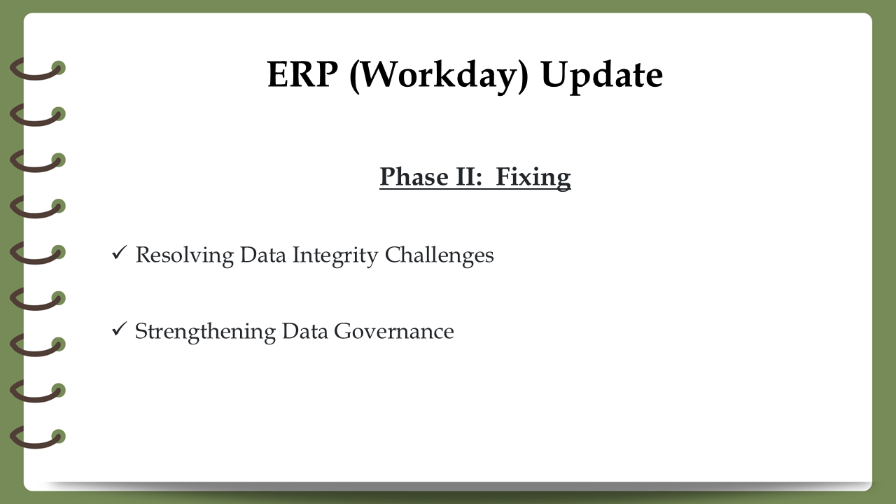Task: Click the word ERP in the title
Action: pyautogui.click(x=302, y=74)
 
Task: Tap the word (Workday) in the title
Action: pyautogui.click(x=439, y=76)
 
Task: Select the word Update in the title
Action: pyautogui.click(x=601, y=77)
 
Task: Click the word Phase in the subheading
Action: pyautogui.click(x=414, y=176)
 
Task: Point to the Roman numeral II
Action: pyautogui.click(x=469, y=176)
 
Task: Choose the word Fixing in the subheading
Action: pyautogui.click(x=533, y=177)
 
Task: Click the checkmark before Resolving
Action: pyautogui.click(x=119, y=253)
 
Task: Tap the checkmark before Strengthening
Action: pyautogui.click(x=119, y=329)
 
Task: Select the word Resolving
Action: pyautogui.click(x=185, y=255)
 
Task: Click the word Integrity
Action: pyautogui.click(x=335, y=255)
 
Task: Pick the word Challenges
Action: pyautogui.click(x=439, y=255)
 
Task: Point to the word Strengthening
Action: pyautogui.click(x=205, y=332)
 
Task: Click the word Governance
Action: pyautogui.click(x=394, y=332)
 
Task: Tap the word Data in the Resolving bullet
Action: pyautogui.click(x=263, y=255)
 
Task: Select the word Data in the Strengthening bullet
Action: pyautogui.click(x=305, y=332)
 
